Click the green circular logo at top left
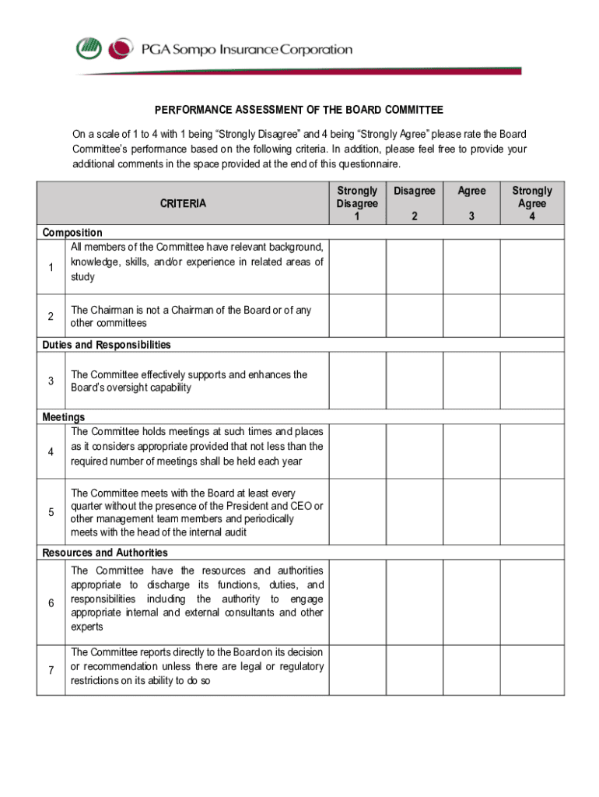[x=89, y=49]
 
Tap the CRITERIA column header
[x=183, y=204]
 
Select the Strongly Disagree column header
[x=357, y=203]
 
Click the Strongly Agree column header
[x=532, y=203]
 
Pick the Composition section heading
[x=72, y=232]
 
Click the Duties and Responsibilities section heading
[x=107, y=345]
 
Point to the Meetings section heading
[x=64, y=417]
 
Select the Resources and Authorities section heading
[x=105, y=553]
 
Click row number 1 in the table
[x=51, y=268]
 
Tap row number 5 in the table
[x=51, y=512]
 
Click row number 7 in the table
[x=51, y=670]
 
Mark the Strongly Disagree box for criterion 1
[x=357, y=266]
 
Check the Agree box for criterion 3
[x=471, y=381]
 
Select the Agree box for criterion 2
[x=471, y=315]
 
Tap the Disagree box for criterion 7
[x=415, y=669]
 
